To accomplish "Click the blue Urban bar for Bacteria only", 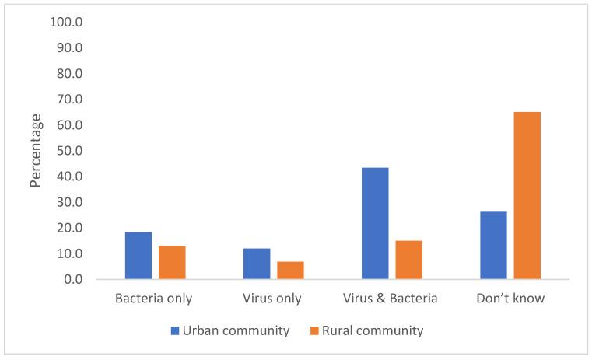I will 138,256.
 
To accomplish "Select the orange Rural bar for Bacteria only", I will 172,263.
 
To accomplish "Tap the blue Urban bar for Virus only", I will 257,264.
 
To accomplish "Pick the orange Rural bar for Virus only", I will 290,271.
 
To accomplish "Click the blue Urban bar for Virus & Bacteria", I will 375,223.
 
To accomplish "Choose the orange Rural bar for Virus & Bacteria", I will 408,260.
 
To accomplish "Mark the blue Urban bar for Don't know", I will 493,246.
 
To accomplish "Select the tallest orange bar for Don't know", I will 527,196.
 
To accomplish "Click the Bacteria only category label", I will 153,299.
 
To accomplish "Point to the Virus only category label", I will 273,299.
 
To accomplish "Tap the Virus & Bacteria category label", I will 391,299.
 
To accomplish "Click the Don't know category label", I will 511,299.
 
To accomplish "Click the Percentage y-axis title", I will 36,150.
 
